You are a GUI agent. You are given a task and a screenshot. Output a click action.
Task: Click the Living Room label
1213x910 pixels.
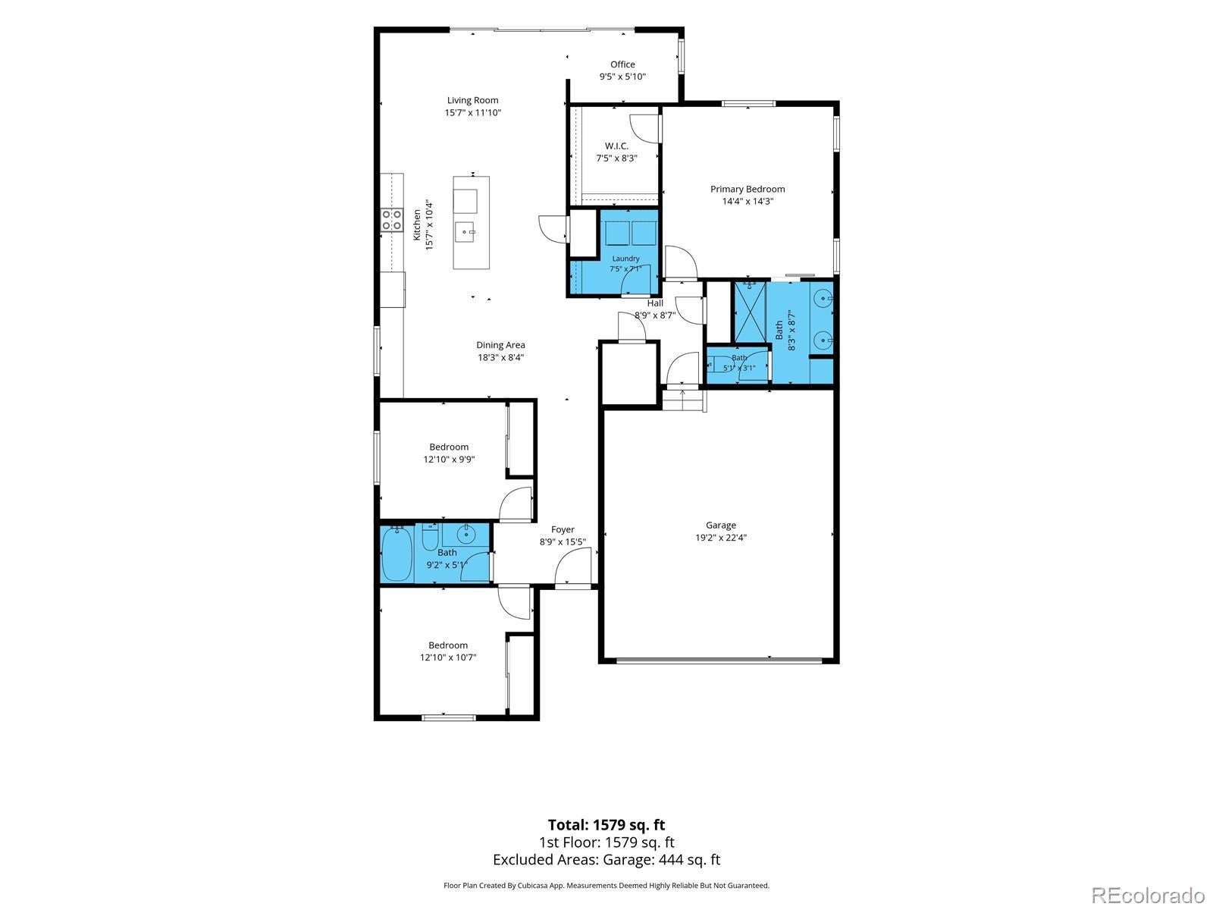pyautogui.click(x=472, y=100)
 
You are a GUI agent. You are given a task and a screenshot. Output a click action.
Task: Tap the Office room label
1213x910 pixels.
pyautogui.click(x=622, y=64)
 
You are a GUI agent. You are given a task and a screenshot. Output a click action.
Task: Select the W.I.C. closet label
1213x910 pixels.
pyautogui.click(x=616, y=146)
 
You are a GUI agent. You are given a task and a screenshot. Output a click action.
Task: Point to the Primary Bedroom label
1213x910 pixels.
pyautogui.click(x=748, y=189)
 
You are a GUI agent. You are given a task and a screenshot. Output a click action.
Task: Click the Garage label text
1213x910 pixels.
pyautogui.click(x=721, y=526)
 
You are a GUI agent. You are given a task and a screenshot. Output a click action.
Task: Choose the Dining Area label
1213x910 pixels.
pyautogui.click(x=500, y=345)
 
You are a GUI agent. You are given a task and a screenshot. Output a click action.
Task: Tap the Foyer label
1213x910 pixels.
pyautogui.click(x=563, y=530)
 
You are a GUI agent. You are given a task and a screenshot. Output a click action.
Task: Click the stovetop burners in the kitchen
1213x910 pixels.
pyautogui.click(x=391, y=220)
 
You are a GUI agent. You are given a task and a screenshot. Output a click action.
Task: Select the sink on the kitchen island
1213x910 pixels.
pyautogui.click(x=465, y=232)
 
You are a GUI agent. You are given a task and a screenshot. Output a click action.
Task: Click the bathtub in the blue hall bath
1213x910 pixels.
pyautogui.click(x=396, y=554)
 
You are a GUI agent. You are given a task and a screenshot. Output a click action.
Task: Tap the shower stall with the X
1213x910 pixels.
pyautogui.click(x=749, y=312)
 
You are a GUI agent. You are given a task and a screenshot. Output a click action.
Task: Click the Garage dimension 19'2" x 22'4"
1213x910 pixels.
pyautogui.click(x=721, y=538)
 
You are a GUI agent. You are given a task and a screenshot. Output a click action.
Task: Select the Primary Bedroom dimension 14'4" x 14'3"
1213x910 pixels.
pyautogui.click(x=748, y=202)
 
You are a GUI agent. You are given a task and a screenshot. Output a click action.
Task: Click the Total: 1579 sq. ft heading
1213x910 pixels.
pyautogui.click(x=606, y=825)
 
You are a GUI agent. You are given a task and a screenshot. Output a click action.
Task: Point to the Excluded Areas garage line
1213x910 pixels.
pyautogui.click(x=606, y=860)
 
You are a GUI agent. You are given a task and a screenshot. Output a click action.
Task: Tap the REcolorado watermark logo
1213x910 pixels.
pyautogui.click(x=1149, y=894)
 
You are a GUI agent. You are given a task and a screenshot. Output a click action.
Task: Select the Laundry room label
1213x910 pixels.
pyautogui.click(x=625, y=259)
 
